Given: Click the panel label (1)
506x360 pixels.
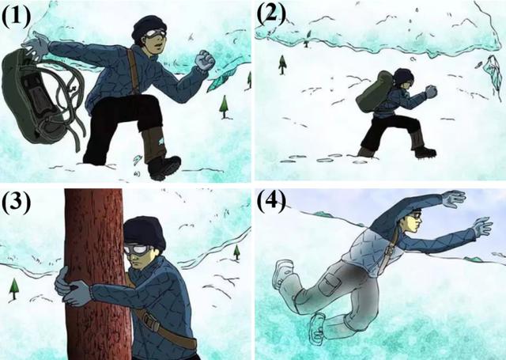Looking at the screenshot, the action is coord(16,16).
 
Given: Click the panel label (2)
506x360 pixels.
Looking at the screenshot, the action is coord(271,14).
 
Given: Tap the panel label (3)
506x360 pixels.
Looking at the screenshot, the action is coord(16,202).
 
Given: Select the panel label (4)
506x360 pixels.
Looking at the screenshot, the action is coord(271,201).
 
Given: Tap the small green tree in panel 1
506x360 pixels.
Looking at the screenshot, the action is coord(224,107).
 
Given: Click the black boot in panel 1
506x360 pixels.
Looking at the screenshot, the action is coord(164,167).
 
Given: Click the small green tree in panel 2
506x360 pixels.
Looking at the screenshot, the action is coord(282,64).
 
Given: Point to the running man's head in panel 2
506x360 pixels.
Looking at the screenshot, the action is coord(404,78).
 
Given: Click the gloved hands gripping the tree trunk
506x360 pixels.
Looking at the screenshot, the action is coord(72,286).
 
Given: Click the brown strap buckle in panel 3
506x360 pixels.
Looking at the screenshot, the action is coord(150,321).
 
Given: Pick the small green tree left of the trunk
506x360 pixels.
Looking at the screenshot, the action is coord(14,290).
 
